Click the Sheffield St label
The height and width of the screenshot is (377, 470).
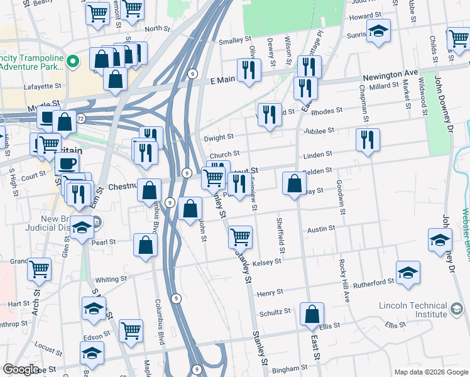[281, 236]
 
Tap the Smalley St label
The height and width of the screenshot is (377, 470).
[231, 41]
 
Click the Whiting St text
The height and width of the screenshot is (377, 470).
[111, 279]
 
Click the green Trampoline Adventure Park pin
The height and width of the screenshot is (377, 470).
[73, 62]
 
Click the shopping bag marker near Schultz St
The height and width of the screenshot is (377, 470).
[312, 314]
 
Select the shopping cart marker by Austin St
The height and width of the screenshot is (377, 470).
[240, 236]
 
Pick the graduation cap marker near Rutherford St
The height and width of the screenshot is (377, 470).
[408, 273]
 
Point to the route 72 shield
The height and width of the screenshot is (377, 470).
[80, 118]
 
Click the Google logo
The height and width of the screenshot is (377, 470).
[21, 369]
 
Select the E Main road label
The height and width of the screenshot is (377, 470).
[221, 80]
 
